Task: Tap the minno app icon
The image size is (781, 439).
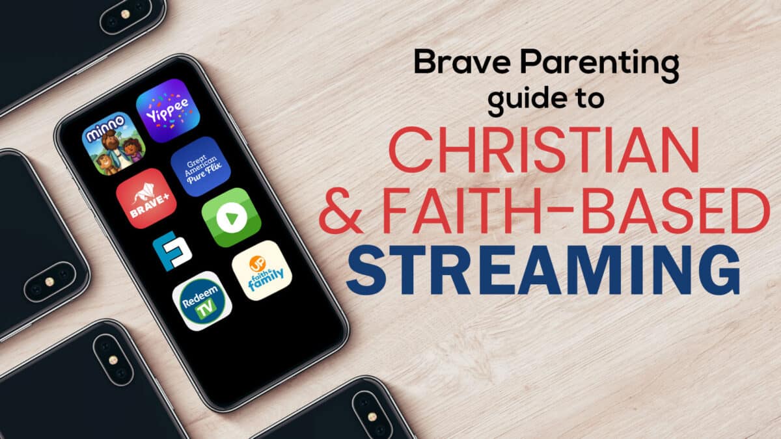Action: pos(114,143)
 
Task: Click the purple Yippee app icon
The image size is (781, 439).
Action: pos(168,111)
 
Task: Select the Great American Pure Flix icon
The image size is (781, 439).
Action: pos(201,166)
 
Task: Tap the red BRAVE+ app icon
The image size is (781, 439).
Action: pos(146,198)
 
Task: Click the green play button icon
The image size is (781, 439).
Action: pos(232,218)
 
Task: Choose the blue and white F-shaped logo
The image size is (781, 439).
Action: pos(172,251)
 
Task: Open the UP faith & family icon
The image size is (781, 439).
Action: pos(262,271)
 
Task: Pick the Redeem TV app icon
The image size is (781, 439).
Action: pos(202,301)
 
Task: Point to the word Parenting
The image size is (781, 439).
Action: pos(599,65)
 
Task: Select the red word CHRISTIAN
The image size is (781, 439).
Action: pos(544,150)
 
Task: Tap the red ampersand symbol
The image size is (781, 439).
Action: pos(340,209)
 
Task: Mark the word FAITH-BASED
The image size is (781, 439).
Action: pos(576,210)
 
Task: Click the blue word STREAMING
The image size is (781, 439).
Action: pos(543,270)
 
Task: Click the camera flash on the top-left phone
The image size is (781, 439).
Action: pos(125,14)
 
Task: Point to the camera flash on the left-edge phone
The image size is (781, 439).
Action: pos(49,282)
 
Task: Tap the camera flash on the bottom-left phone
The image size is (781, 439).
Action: pos(113,360)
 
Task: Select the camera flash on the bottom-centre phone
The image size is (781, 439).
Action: pos(372,417)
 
